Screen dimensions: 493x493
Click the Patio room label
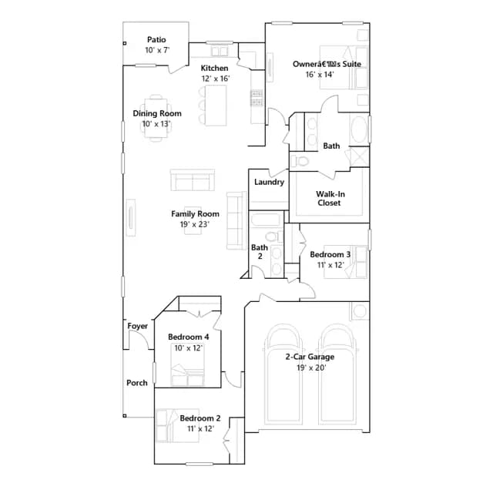(x=156, y=39)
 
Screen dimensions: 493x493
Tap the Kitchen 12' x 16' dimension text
(x=216, y=79)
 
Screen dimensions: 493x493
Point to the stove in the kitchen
(x=257, y=98)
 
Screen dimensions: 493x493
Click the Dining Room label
(x=157, y=113)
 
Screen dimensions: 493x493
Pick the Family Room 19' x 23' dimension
(x=195, y=224)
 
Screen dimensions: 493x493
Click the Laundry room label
(x=269, y=182)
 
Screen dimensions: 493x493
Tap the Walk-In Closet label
(x=330, y=199)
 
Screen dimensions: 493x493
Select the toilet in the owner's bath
(x=300, y=161)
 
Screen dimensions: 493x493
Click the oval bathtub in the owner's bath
(x=359, y=130)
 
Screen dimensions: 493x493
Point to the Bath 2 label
(x=260, y=252)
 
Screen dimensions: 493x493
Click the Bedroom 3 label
(x=330, y=254)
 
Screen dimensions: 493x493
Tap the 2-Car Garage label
(x=310, y=357)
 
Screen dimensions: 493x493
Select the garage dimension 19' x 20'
(x=311, y=368)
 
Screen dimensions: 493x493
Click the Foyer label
(x=137, y=327)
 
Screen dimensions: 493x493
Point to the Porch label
(x=137, y=383)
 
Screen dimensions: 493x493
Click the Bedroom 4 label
(x=188, y=337)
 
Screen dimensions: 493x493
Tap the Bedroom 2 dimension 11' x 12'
(x=200, y=429)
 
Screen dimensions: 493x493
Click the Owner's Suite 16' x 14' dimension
(x=320, y=75)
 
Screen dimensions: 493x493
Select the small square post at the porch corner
(x=125, y=416)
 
